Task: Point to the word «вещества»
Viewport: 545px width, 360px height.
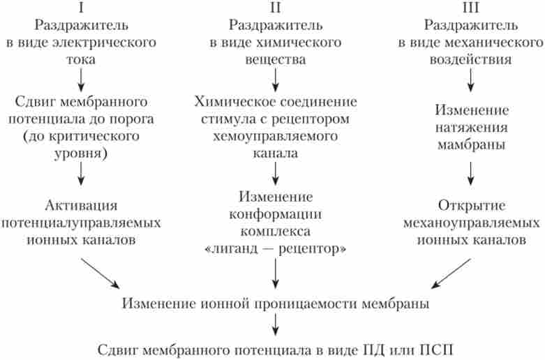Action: (276, 59)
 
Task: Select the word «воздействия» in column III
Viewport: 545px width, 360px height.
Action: (471, 59)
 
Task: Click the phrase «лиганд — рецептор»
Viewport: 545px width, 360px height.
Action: (276, 248)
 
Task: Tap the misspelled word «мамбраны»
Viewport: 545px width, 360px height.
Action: (471, 144)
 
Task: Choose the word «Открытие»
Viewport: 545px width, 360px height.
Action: (471, 207)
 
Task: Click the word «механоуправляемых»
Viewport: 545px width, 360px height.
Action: (471, 223)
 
